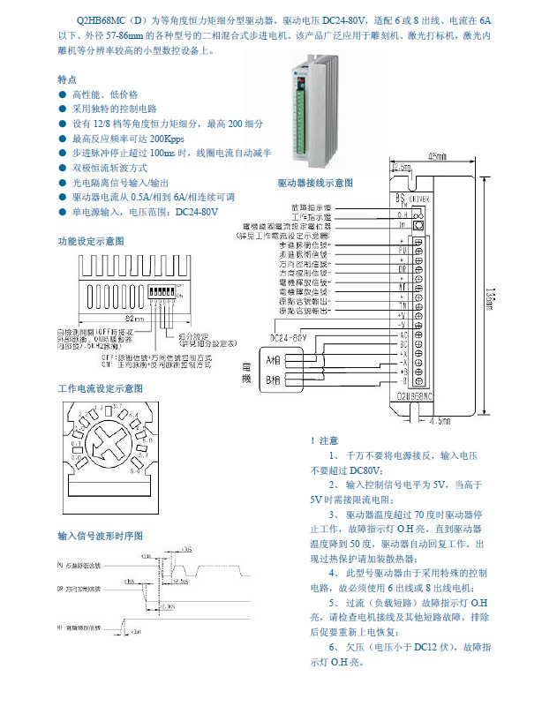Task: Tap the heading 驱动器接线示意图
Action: click(315, 182)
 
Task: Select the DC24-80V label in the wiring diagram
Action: click(288, 337)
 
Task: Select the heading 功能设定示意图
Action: click(91, 241)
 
